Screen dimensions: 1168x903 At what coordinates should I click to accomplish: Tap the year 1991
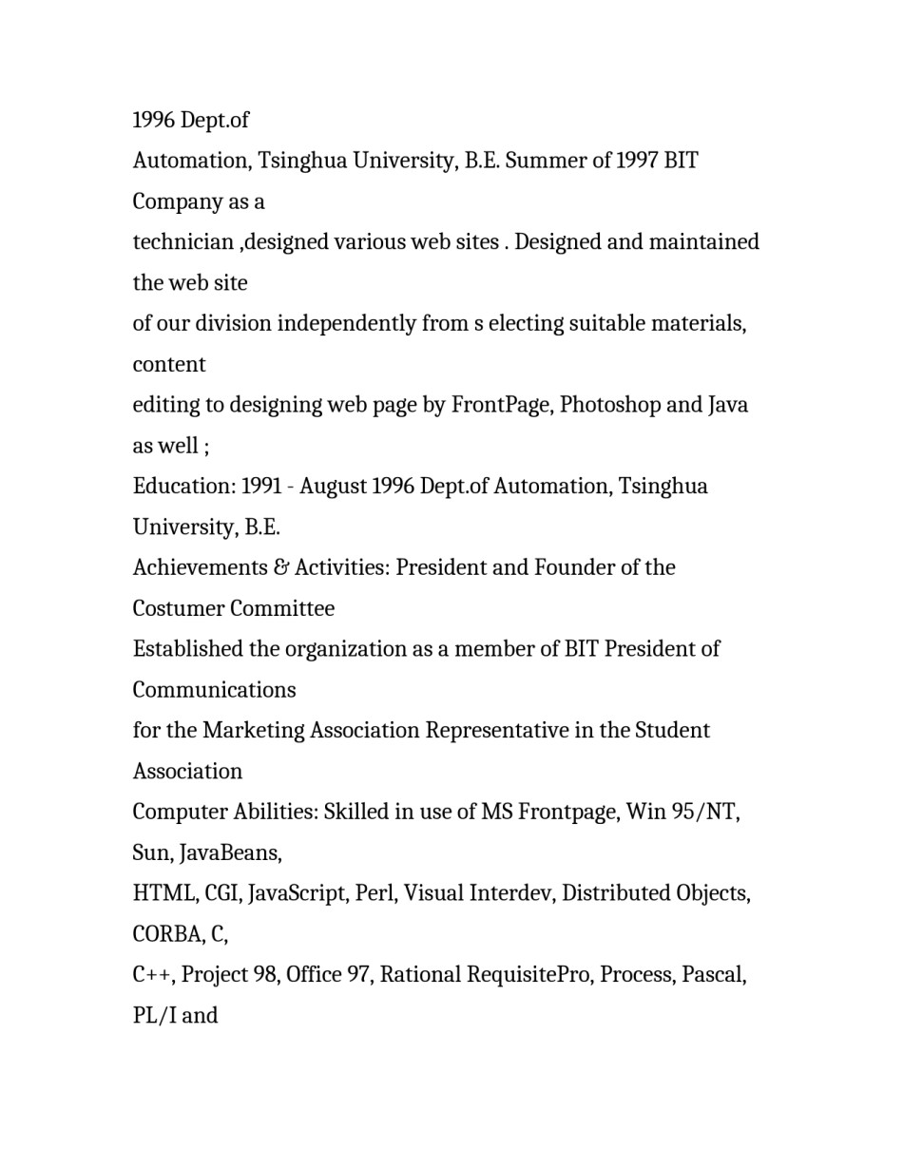pos(261,487)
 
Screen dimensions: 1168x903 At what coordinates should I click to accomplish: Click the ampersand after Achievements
pos(280,568)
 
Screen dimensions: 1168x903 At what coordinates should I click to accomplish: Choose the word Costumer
pos(178,609)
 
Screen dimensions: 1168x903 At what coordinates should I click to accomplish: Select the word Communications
pos(214,691)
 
